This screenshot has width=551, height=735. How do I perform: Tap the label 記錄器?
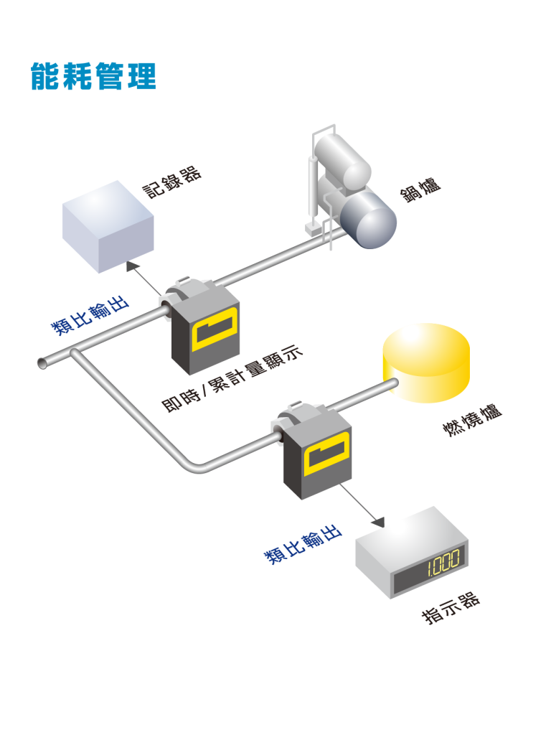(171, 182)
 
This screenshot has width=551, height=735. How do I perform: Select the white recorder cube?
(108, 225)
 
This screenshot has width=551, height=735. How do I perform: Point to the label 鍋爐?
(420, 189)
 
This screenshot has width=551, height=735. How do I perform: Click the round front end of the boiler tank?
(369, 220)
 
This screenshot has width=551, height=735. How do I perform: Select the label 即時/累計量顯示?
(232, 378)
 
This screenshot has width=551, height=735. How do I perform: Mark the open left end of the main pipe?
(42, 363)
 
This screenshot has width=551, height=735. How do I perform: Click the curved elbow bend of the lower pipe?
(194, 465)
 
